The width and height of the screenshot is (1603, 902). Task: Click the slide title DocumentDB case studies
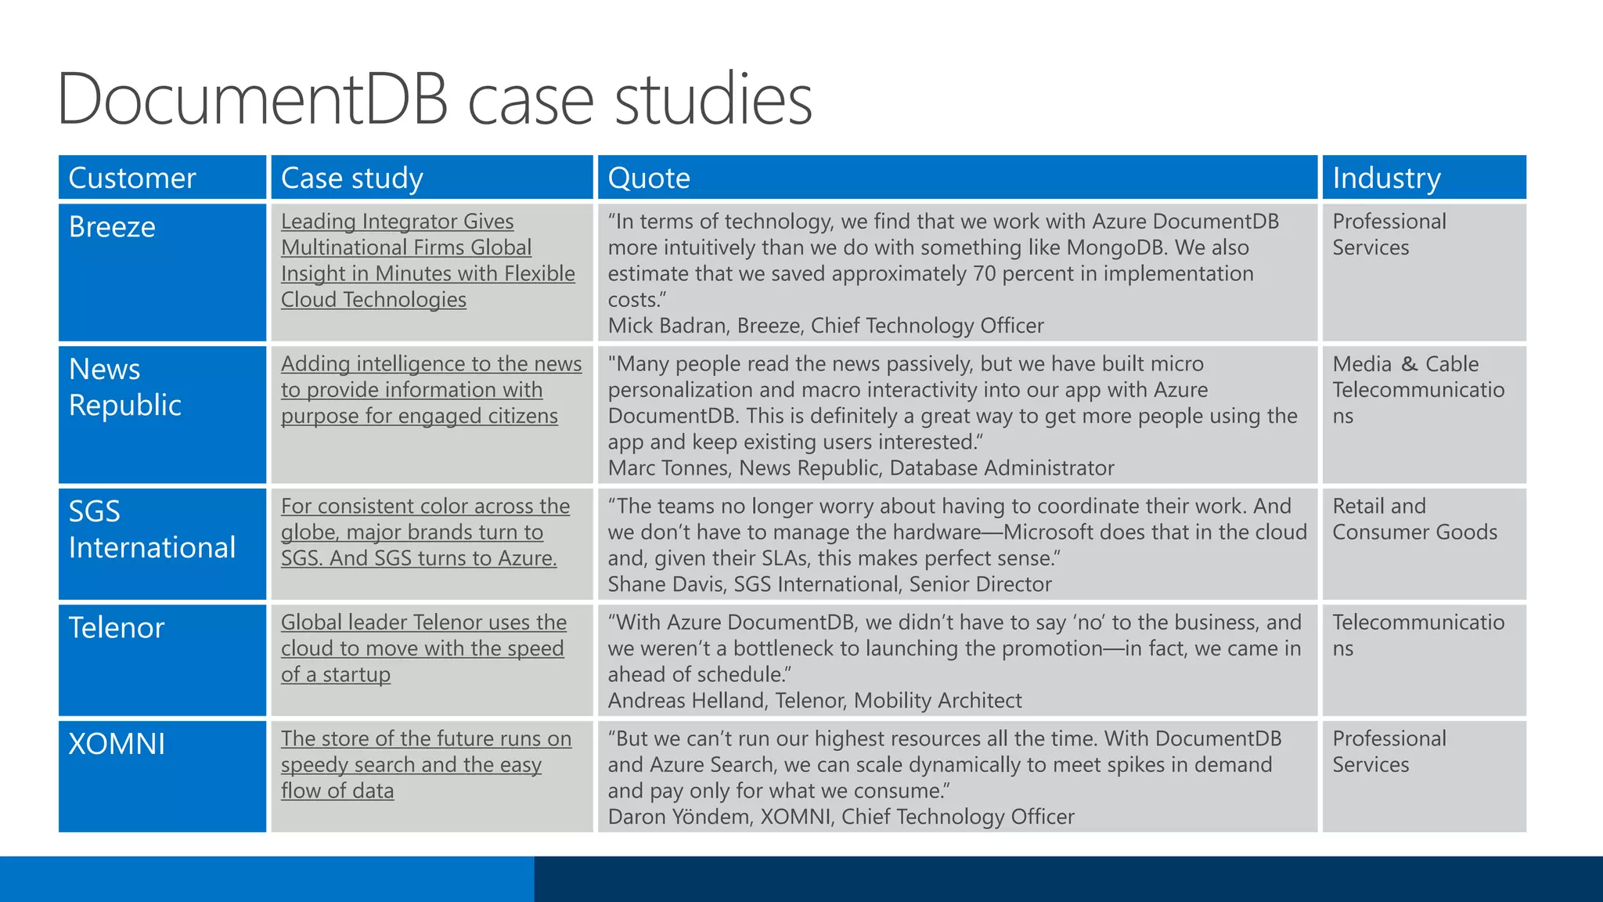pyautogui.click(x=434, y=99)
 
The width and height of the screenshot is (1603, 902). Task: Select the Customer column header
pyautogui.click(x=132, y=179)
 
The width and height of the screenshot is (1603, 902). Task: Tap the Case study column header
pyautogui.click(x=352, y=179)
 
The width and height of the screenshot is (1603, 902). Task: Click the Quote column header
pyautogui.click(x=649, y=179)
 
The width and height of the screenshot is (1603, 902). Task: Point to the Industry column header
pyautogui.click(x=1386, y=179)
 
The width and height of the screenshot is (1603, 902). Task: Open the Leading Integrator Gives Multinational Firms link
pyautogui.click(x=427, y=260)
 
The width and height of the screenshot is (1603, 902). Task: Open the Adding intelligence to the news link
pyautogui.click(x=430, y=390)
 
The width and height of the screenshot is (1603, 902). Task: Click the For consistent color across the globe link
pyautogui.click(x=424, y=532)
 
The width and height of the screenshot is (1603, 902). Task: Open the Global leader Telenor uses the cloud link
pyautogui.click(x=423, y=648)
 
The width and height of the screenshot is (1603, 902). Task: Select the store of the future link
pyautogui.click(x=425, y=764)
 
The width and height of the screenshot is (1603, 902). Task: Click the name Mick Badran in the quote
pyautogui.click(x=667, y=326)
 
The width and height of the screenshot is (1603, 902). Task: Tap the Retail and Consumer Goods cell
pyautogui.click(x=1414, y=519)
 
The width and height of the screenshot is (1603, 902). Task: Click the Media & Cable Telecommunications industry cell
pyautogui.click(x=1417, y=390)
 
